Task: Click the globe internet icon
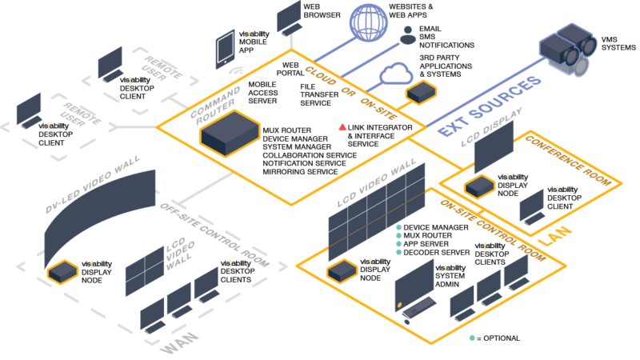(x=367, y=21)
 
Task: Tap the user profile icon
(x=408, y=34)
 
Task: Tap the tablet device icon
(x=225, y=49)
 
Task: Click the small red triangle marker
(x=342, y=126)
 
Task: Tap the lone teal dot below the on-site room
(x=472, y=338)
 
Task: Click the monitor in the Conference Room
(x=531, y=206)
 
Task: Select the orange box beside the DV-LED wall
(x=62, y=272)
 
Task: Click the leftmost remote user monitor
(x=29, y=110)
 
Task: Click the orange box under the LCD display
(x=480, y=186)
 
